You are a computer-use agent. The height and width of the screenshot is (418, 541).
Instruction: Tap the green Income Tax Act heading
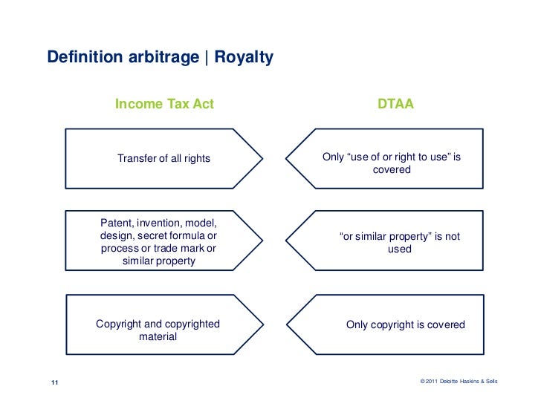164,104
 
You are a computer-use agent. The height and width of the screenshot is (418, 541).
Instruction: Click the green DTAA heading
395,104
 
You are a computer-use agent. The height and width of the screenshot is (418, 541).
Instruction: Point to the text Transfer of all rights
163,158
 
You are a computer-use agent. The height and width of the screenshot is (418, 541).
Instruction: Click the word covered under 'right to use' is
392,169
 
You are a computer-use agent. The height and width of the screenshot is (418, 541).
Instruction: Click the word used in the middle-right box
399,249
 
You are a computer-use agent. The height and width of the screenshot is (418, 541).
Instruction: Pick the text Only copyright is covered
405,324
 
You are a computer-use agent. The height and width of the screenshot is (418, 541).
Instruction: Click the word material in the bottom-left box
158,336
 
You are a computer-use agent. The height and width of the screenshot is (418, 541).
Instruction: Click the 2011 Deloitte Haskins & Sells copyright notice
459,382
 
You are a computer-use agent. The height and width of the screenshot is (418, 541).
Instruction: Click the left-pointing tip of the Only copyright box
288,324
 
